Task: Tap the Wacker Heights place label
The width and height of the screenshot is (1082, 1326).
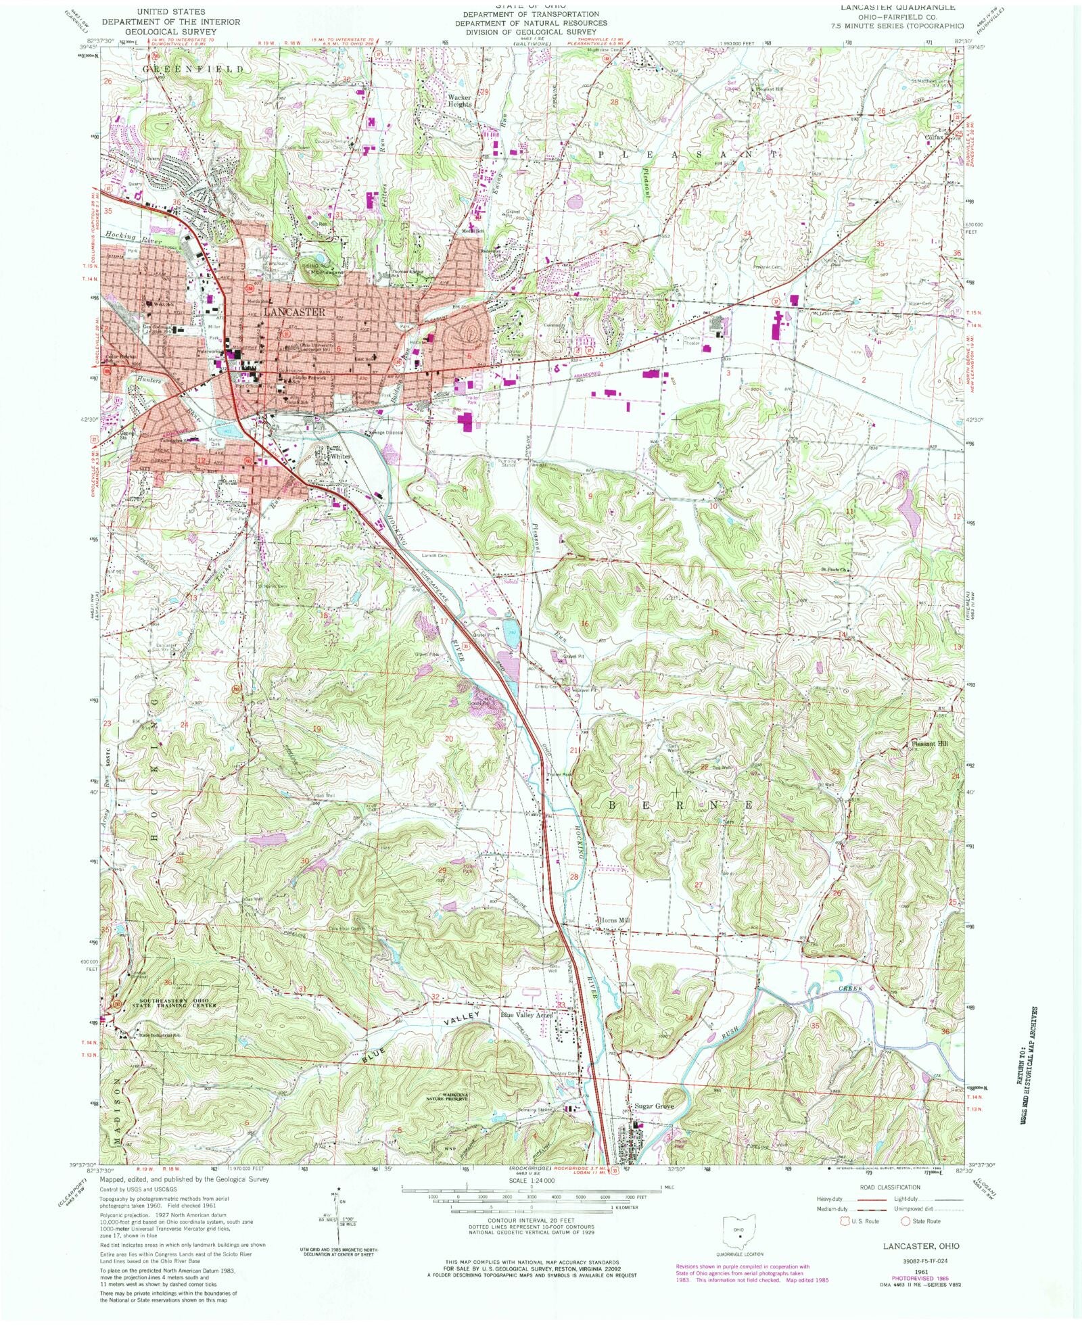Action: (x=460, y=101)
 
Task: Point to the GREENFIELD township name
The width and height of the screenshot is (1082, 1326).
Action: (x=193, y=69)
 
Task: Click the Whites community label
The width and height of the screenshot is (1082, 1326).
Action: (x=340, y=456)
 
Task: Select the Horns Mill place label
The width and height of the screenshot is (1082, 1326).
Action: (x=615, y=920)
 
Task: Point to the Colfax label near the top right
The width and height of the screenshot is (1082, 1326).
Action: (x=934, y=135)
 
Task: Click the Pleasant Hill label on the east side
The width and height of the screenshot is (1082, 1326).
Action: (x=930, y=743)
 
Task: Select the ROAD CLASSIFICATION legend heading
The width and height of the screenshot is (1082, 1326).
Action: (x=889, y=1187)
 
